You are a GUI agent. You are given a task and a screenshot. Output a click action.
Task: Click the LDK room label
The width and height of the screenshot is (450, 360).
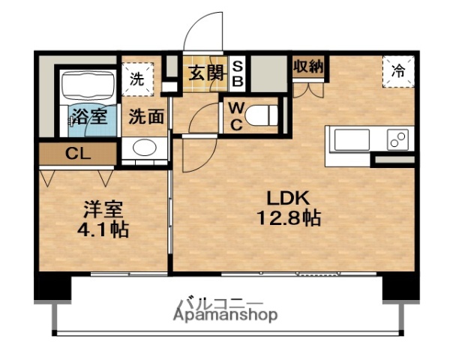pyautogui.click(x=285, y=199)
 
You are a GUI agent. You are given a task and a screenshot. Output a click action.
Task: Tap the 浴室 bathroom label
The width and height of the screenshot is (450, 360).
pyautogui.click(x=88, y=117)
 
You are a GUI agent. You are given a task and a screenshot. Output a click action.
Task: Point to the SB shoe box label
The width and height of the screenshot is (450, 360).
pyautogui.click(x=236, y=73)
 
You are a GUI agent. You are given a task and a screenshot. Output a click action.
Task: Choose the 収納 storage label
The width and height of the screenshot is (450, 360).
pyautogui.click(x=308, y=65)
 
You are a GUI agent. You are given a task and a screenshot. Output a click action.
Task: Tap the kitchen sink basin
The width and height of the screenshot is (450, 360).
pyautogui.click(x=352, y=139)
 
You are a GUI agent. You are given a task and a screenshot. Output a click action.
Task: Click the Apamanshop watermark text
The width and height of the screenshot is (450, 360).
pyautogui.click(x=225, y=316)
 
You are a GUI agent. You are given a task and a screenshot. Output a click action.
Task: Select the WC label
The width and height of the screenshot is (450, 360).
pyautogui.click(x=235, y=117)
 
